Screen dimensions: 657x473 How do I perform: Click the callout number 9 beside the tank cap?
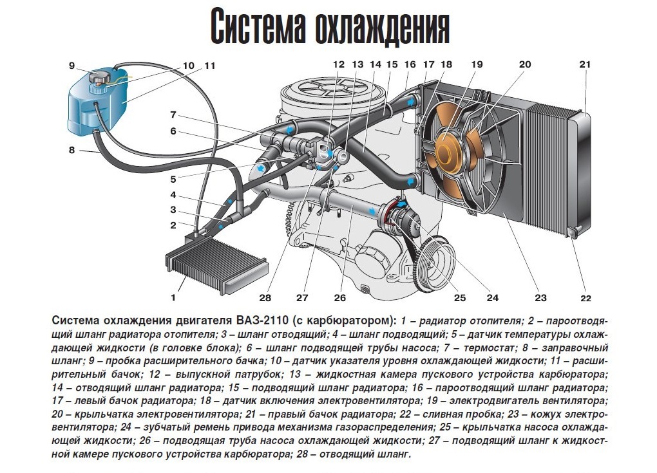71,65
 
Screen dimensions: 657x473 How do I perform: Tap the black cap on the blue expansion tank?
100,78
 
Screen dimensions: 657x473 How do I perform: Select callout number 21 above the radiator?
585,64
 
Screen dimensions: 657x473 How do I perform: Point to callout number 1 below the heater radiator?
173,297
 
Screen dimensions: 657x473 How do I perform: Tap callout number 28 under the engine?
265,297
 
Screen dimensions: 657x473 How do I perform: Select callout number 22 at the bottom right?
586,298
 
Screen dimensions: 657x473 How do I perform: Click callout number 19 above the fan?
477,64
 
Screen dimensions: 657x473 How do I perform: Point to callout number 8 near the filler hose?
71,149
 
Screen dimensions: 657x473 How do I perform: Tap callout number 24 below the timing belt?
492,297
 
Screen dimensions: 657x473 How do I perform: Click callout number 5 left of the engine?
173,180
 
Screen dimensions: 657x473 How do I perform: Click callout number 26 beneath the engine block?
340,297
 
